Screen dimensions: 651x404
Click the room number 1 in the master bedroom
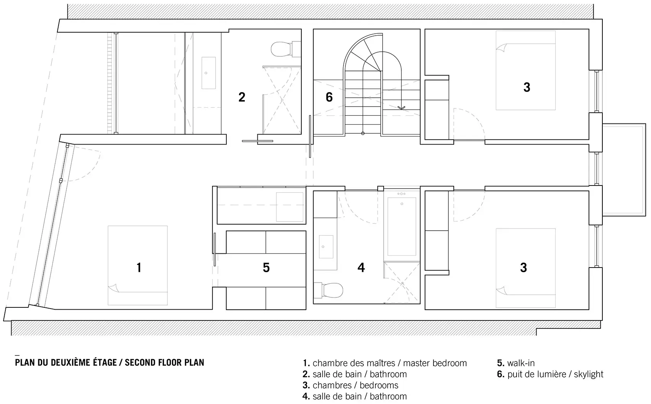point(139,268)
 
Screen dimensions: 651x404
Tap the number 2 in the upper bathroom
point(242,97)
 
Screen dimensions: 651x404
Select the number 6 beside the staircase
point(329,97)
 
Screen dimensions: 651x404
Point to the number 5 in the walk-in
point(266,268)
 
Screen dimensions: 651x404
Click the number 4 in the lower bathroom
point(361,268)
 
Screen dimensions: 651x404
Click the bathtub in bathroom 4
point(402,227)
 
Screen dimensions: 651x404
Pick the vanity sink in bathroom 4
point(326,247)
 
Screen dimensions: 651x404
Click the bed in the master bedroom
point(138,265)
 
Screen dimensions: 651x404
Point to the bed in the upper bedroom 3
point(526,71)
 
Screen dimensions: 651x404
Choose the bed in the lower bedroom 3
point(526,268)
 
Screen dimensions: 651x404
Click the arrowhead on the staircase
point(401,108)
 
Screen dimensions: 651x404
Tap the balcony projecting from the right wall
point(624,170)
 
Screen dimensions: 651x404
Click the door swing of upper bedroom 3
point(469,125)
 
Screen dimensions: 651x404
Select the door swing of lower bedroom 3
point(469,205)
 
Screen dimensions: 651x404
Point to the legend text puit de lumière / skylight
point(555,374)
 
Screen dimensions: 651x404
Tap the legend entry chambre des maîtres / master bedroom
point(389,363)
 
